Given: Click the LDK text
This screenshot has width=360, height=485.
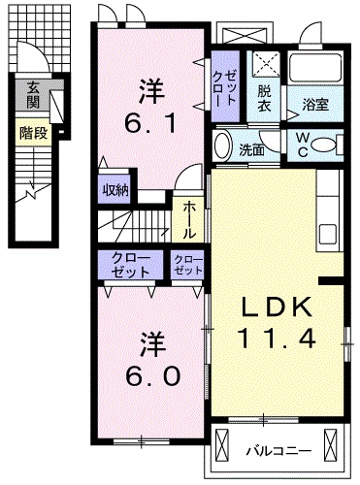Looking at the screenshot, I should pos(277,308).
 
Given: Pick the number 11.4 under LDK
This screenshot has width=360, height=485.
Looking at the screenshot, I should pos(277,340).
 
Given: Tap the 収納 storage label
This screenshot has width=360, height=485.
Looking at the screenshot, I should pos(115,190).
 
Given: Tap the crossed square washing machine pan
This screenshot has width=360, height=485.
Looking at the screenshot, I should pos(265,64).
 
